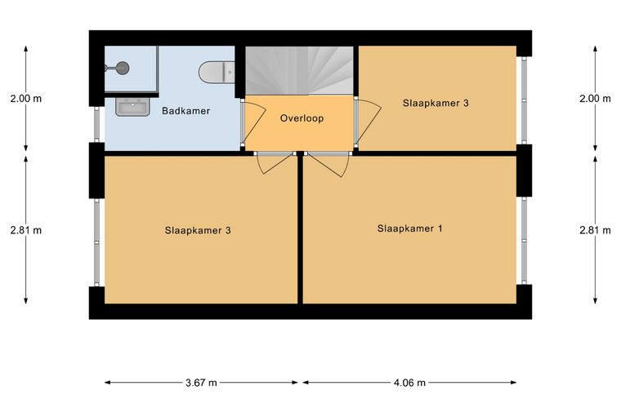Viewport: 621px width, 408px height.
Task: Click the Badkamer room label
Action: click(x=185, y=111)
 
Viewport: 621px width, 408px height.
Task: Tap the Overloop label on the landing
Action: click(x=302, y=118)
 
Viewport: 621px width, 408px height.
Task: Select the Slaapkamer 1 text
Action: click(x=409, y=228)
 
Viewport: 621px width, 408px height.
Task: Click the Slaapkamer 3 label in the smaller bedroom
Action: click(x=436, y=103)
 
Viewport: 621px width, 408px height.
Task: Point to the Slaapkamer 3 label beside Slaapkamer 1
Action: click(x=198, y=230)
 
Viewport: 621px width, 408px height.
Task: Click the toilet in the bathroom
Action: click(x=217, y=73)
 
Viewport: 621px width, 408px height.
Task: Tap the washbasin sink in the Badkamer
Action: click(x=132, y=107)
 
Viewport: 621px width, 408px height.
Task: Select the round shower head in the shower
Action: click(x=123, y=68)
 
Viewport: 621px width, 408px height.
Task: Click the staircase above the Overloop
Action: click(x=299, y=71)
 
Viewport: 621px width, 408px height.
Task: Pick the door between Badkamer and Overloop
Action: click(x=253, y=122)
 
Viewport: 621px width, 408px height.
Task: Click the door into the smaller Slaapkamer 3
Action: click(x=367, y=122)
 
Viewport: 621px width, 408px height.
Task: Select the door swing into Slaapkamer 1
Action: click(x=328, y=164)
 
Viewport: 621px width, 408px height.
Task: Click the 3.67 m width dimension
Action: click(x=201, y=383)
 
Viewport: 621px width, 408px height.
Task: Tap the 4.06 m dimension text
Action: click(x=409, y=383)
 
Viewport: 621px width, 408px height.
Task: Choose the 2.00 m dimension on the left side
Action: click(x=26, y=99)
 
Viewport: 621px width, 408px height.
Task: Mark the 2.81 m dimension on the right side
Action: click(x=595, y=230)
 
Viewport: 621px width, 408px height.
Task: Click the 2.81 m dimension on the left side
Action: click(x=26, y=230)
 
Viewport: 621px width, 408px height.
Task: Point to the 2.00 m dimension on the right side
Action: click(x=595, y=99)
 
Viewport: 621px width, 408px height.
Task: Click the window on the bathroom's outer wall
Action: click(x=96, y=124)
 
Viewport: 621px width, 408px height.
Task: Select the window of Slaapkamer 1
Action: click(x=524, y=240)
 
